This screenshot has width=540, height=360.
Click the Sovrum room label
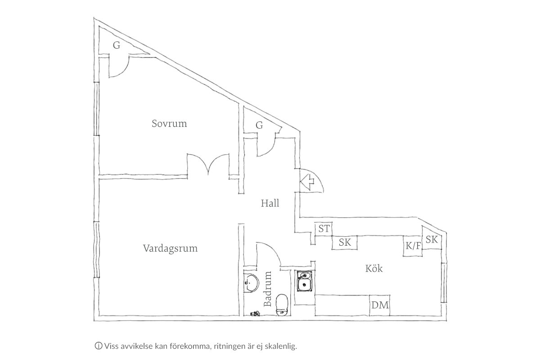pyautogui.click(x=169, y=123)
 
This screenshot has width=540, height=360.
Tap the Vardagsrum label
pyautogui.click(x=170, y=248)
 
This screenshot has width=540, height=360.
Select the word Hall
pyautogui.click(x=270, y=203)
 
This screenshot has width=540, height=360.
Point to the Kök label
pyautogui.click(x=374, y=268)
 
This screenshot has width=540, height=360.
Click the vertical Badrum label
pyautogui.click(x=268, y=289)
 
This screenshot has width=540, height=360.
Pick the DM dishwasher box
pyautogui.click(x=380, y=305)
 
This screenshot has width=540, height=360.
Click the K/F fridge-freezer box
pyautogui.click(x=413, y=246)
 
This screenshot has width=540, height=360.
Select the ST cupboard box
pyautogui.click(x=324, y=229)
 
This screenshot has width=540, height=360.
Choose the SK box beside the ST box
pyautogui.click(x=345, y=243)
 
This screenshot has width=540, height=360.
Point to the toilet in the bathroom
pyautogui.click(x=282, y=305)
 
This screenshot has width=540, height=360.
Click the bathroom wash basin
pyautogui.click(x=251, y=283)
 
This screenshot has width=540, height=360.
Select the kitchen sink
pyautogui.click(x=305, y=281)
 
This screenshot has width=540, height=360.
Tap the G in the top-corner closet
pyautogui.click(x=117, y=45)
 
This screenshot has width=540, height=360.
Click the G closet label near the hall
pyautogui.click(x=259, y=125)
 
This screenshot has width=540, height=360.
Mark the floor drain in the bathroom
pyautogui.click(x=255, y=314)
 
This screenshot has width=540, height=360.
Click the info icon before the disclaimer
pyautogui.click(x=99, y=346)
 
